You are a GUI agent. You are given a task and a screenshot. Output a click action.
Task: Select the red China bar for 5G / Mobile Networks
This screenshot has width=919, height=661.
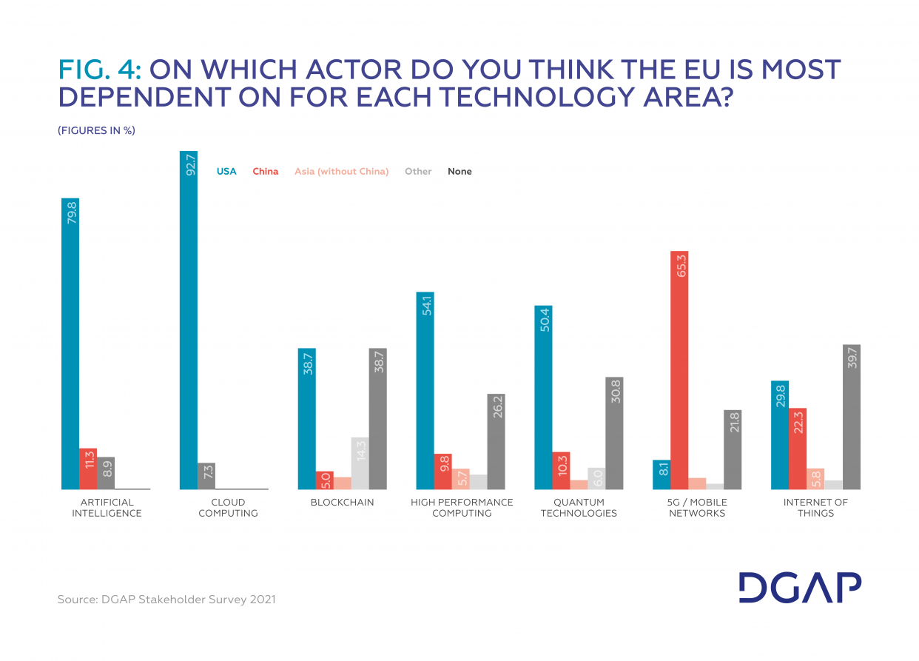coord(679,370)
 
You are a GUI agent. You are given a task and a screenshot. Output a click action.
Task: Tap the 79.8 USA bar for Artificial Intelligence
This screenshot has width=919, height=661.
coord(70,343)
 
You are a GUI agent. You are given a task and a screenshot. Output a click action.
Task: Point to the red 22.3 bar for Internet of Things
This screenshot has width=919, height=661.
coord(798,449)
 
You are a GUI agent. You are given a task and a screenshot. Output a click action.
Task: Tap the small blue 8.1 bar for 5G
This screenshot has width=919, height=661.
coord(662,474)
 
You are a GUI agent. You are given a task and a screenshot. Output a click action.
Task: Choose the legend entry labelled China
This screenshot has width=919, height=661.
coord(266,171)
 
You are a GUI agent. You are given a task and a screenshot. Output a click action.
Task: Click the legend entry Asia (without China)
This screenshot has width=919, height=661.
coord(341,171)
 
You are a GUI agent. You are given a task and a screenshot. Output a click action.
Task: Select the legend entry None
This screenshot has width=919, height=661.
coord(459,171)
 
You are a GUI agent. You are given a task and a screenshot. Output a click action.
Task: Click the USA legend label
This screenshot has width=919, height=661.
coord(226,171)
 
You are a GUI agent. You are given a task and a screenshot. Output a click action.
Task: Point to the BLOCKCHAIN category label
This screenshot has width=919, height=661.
coord(342,502)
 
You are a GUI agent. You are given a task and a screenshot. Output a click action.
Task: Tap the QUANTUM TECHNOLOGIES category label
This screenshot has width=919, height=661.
coord(579,508)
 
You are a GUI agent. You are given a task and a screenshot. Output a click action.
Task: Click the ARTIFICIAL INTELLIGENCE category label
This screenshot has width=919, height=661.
coord(107,508)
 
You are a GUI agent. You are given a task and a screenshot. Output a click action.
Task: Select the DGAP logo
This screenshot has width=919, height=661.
coord(800,588)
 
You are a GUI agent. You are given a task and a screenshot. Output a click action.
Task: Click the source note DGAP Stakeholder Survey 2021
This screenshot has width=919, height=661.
coord(166,599)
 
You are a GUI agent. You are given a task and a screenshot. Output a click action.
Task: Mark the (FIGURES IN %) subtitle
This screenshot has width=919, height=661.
coord(96,130)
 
